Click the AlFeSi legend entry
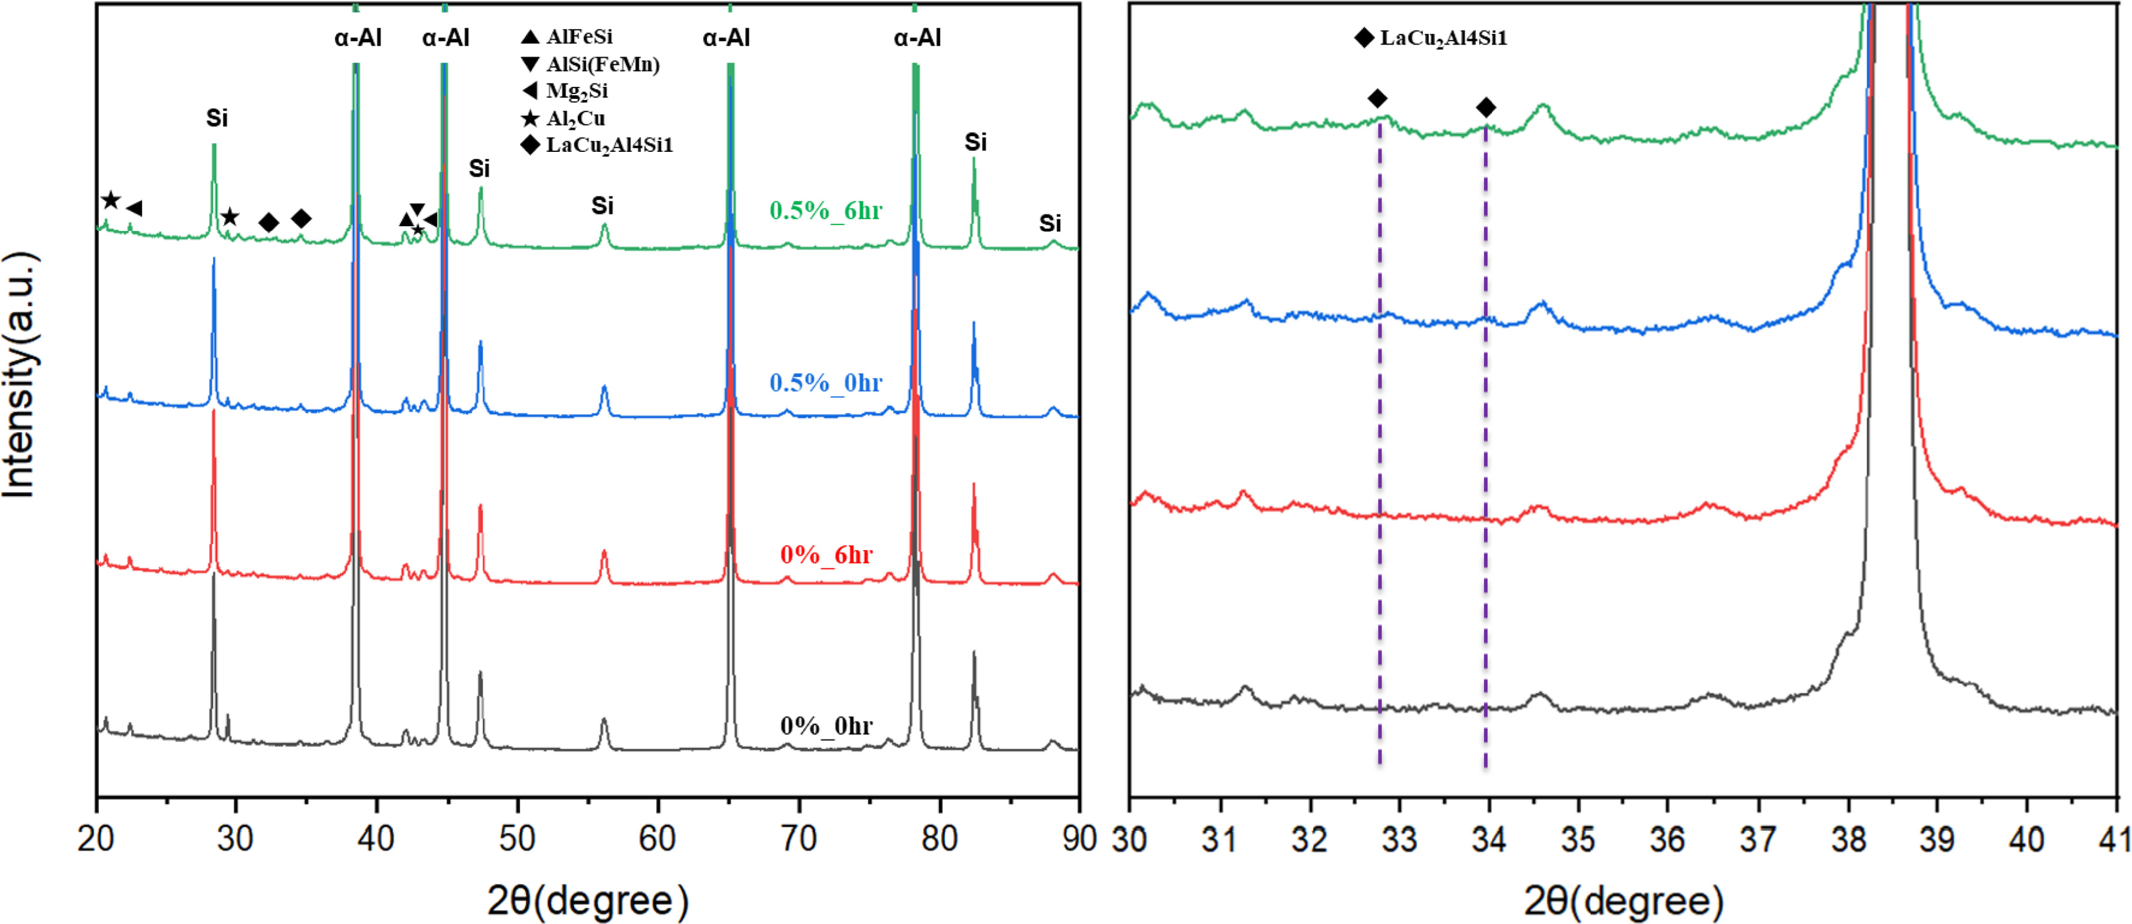(x=578, y=36)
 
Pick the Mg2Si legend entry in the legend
(x=576, y=91)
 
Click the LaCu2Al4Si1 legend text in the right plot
(x=1443, y=38)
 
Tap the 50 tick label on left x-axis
(x=516, y=840)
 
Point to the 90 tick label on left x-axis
(x=1079, y=840)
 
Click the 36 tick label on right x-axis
(x=1667, y=840)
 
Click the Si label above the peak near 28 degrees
(x=217, y=118)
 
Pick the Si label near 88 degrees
(x=1050, y=223)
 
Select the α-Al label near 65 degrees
(x=726, y=37)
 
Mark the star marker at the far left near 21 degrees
(x=111, y=200)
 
